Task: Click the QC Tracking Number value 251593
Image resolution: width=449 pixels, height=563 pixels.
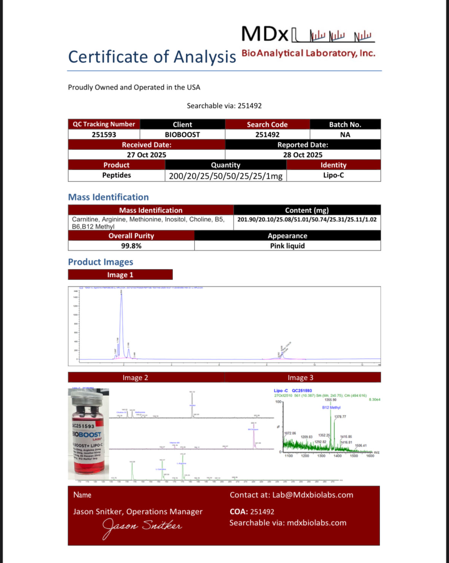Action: point(104,135)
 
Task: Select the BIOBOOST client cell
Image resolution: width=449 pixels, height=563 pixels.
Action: point(182,135)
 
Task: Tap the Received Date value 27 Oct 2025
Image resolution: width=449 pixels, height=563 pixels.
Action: point(146,155)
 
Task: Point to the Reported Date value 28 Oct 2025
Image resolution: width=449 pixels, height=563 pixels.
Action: point(303,155)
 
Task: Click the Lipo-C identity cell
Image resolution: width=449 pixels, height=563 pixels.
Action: point(333,175)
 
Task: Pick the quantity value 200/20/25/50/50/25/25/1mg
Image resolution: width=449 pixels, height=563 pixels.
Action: point(225,176)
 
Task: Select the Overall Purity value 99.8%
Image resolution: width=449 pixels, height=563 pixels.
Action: point(131,246)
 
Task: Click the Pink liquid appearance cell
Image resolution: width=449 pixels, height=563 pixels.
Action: point(287,246)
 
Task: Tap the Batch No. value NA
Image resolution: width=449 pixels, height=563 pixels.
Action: point(345,135)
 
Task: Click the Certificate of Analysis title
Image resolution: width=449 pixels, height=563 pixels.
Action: point(152,57)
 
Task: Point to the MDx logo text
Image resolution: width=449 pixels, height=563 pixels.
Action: point(265,34)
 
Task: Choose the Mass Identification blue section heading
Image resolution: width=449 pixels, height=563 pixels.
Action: point(108,197)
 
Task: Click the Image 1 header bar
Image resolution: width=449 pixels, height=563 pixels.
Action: point(120,275)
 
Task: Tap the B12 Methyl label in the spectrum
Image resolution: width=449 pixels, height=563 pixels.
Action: point(331,408)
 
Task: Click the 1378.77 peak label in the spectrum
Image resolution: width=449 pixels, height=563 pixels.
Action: point(340,417)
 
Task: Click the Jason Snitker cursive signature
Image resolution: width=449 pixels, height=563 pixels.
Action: point(142,527)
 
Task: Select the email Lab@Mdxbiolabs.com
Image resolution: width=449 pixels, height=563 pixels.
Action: point(313,495)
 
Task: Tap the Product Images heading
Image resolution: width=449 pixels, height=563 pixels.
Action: point(100,262)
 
